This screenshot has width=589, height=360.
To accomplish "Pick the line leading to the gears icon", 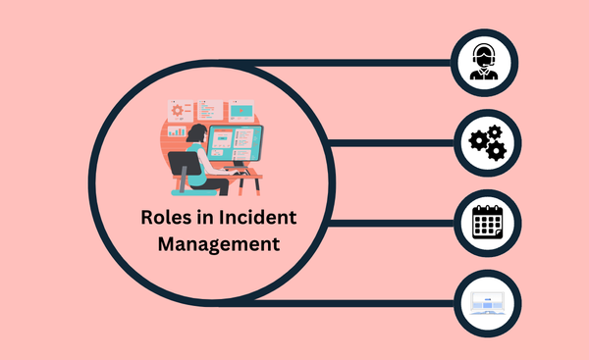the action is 393,143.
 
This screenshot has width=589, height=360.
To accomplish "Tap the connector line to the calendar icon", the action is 393,223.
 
